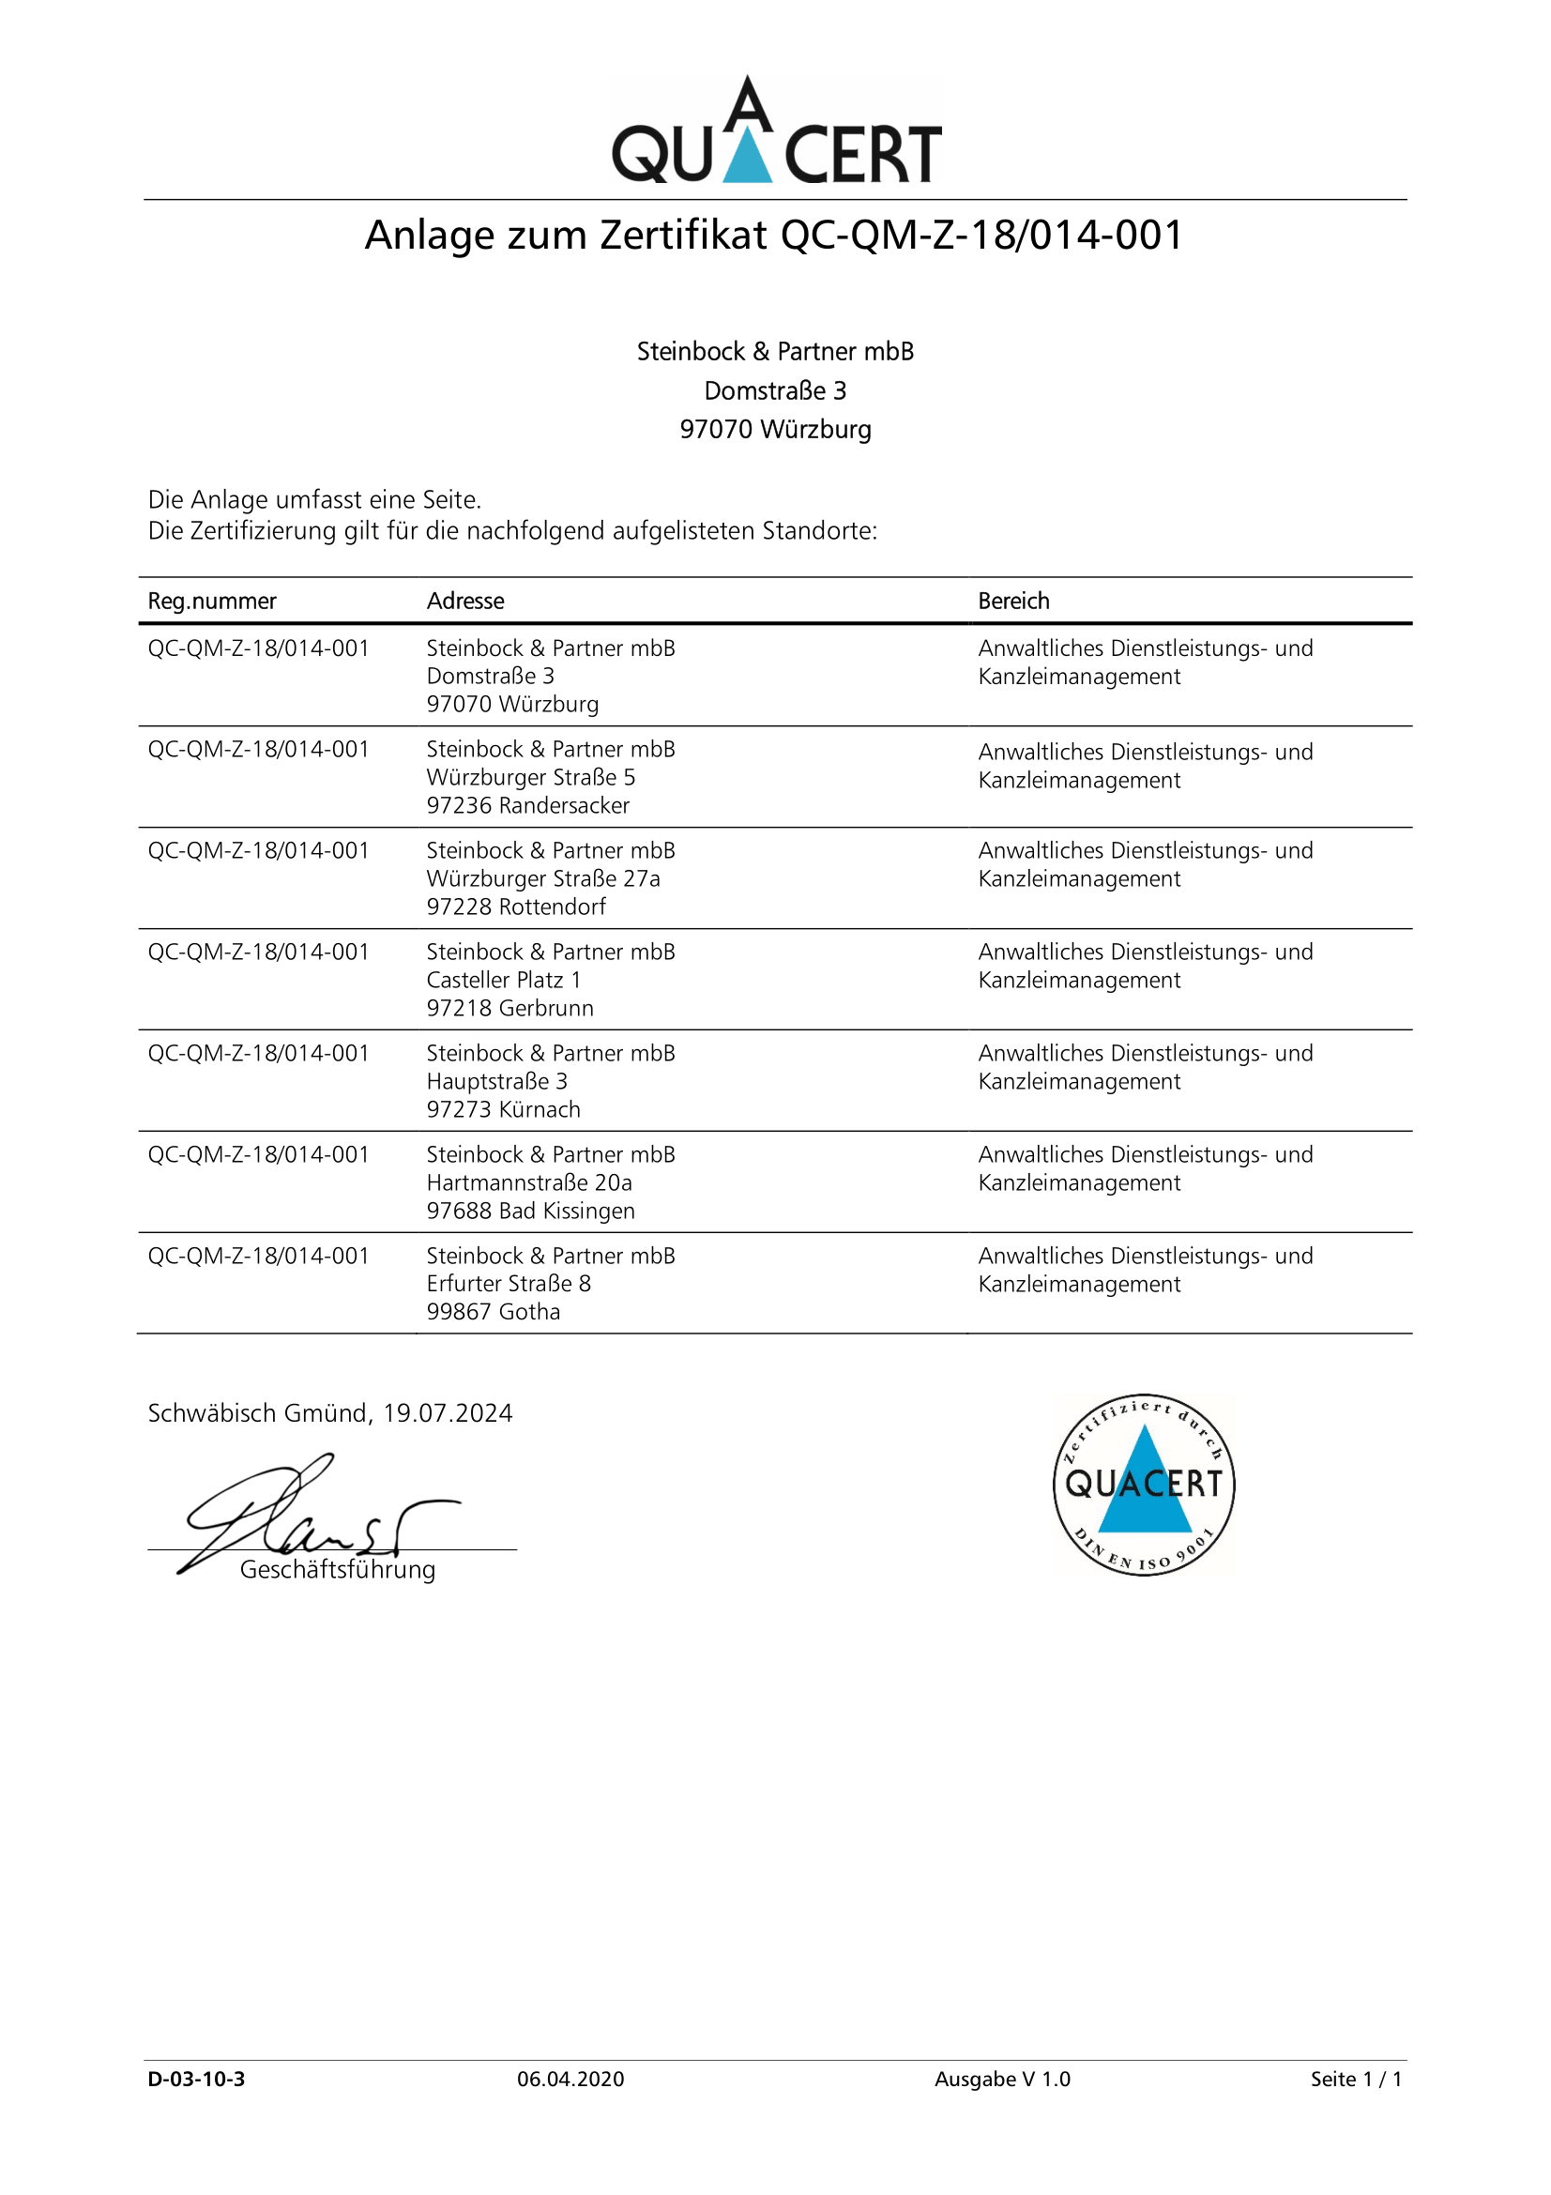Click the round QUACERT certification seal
point(1143,1484)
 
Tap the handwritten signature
point(306,1513)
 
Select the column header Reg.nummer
point(211,602)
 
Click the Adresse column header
point(465,602)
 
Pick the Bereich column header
point(1013,602)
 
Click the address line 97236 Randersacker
point(527,806)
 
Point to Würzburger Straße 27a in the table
point(542,878)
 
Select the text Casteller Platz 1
point(504,980)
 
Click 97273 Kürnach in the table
point(504,1110)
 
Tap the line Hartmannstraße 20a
point(529,1182)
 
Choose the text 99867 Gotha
point(494,1312)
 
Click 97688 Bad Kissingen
point(530,1212)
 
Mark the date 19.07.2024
point(448,1413)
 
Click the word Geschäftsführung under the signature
point(338,1570)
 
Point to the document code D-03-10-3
point(196,2079)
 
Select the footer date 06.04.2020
point(570,2079)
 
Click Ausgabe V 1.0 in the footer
point(1002,2079)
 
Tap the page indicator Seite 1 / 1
point(1356,2079)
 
